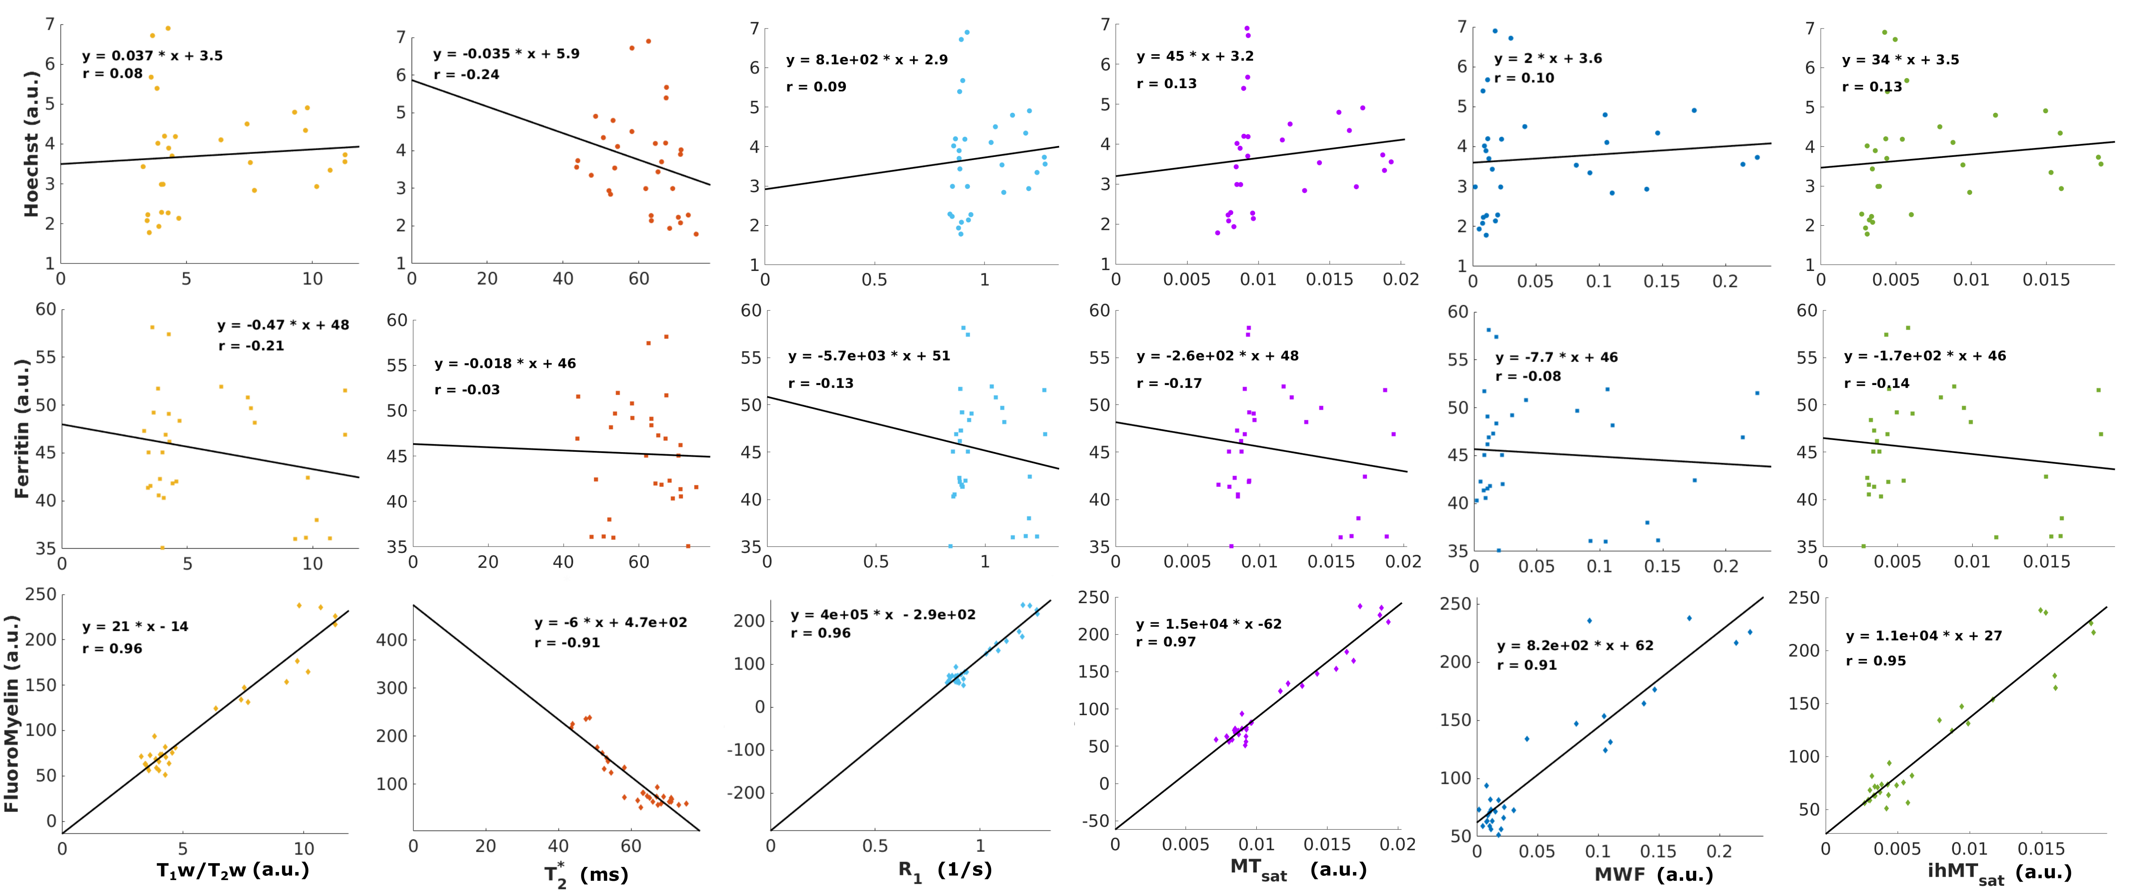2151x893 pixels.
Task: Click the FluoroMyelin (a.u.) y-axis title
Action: pyautogui.click(x=12, y=713)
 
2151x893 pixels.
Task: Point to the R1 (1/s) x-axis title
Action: pyautogui.click(x=945, y=870)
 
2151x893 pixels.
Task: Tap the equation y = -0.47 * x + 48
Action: pyautogui.click(x=283, y=325)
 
